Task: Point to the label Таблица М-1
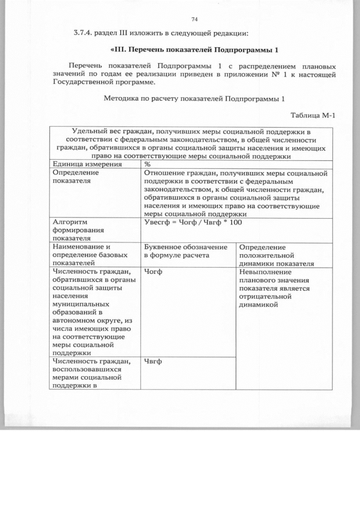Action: (313, 116)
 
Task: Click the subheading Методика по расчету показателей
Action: (195, 98)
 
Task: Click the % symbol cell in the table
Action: (147, 164)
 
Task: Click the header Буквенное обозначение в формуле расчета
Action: (186, 251)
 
